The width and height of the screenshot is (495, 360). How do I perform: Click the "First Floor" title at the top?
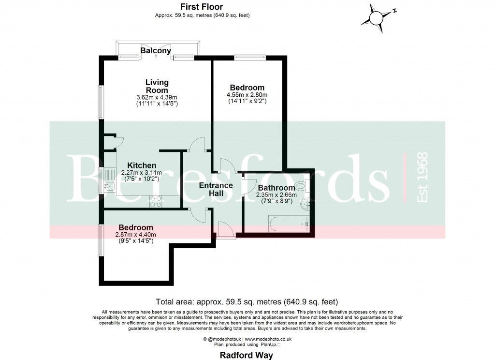[x=202, y=7]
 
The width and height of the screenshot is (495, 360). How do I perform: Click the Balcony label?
[x=156, y=51]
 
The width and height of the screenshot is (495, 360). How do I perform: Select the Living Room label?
[x=157, y=86]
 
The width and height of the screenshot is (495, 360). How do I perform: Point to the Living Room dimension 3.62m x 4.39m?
[x=157, y=97]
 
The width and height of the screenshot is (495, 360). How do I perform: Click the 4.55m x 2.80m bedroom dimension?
[x=247, y=95]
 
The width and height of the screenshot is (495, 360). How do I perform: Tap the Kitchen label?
[x=142, y=165]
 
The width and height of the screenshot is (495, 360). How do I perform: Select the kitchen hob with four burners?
[x=156, y=201]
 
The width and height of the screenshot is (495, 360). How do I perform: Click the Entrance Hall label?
[x=216, y=189]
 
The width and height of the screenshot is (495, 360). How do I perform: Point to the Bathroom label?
[x=276, y=188]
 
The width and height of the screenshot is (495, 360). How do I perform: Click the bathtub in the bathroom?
[x=289, y=224]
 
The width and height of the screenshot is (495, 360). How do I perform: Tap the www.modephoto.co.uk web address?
[x=268, y=339]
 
